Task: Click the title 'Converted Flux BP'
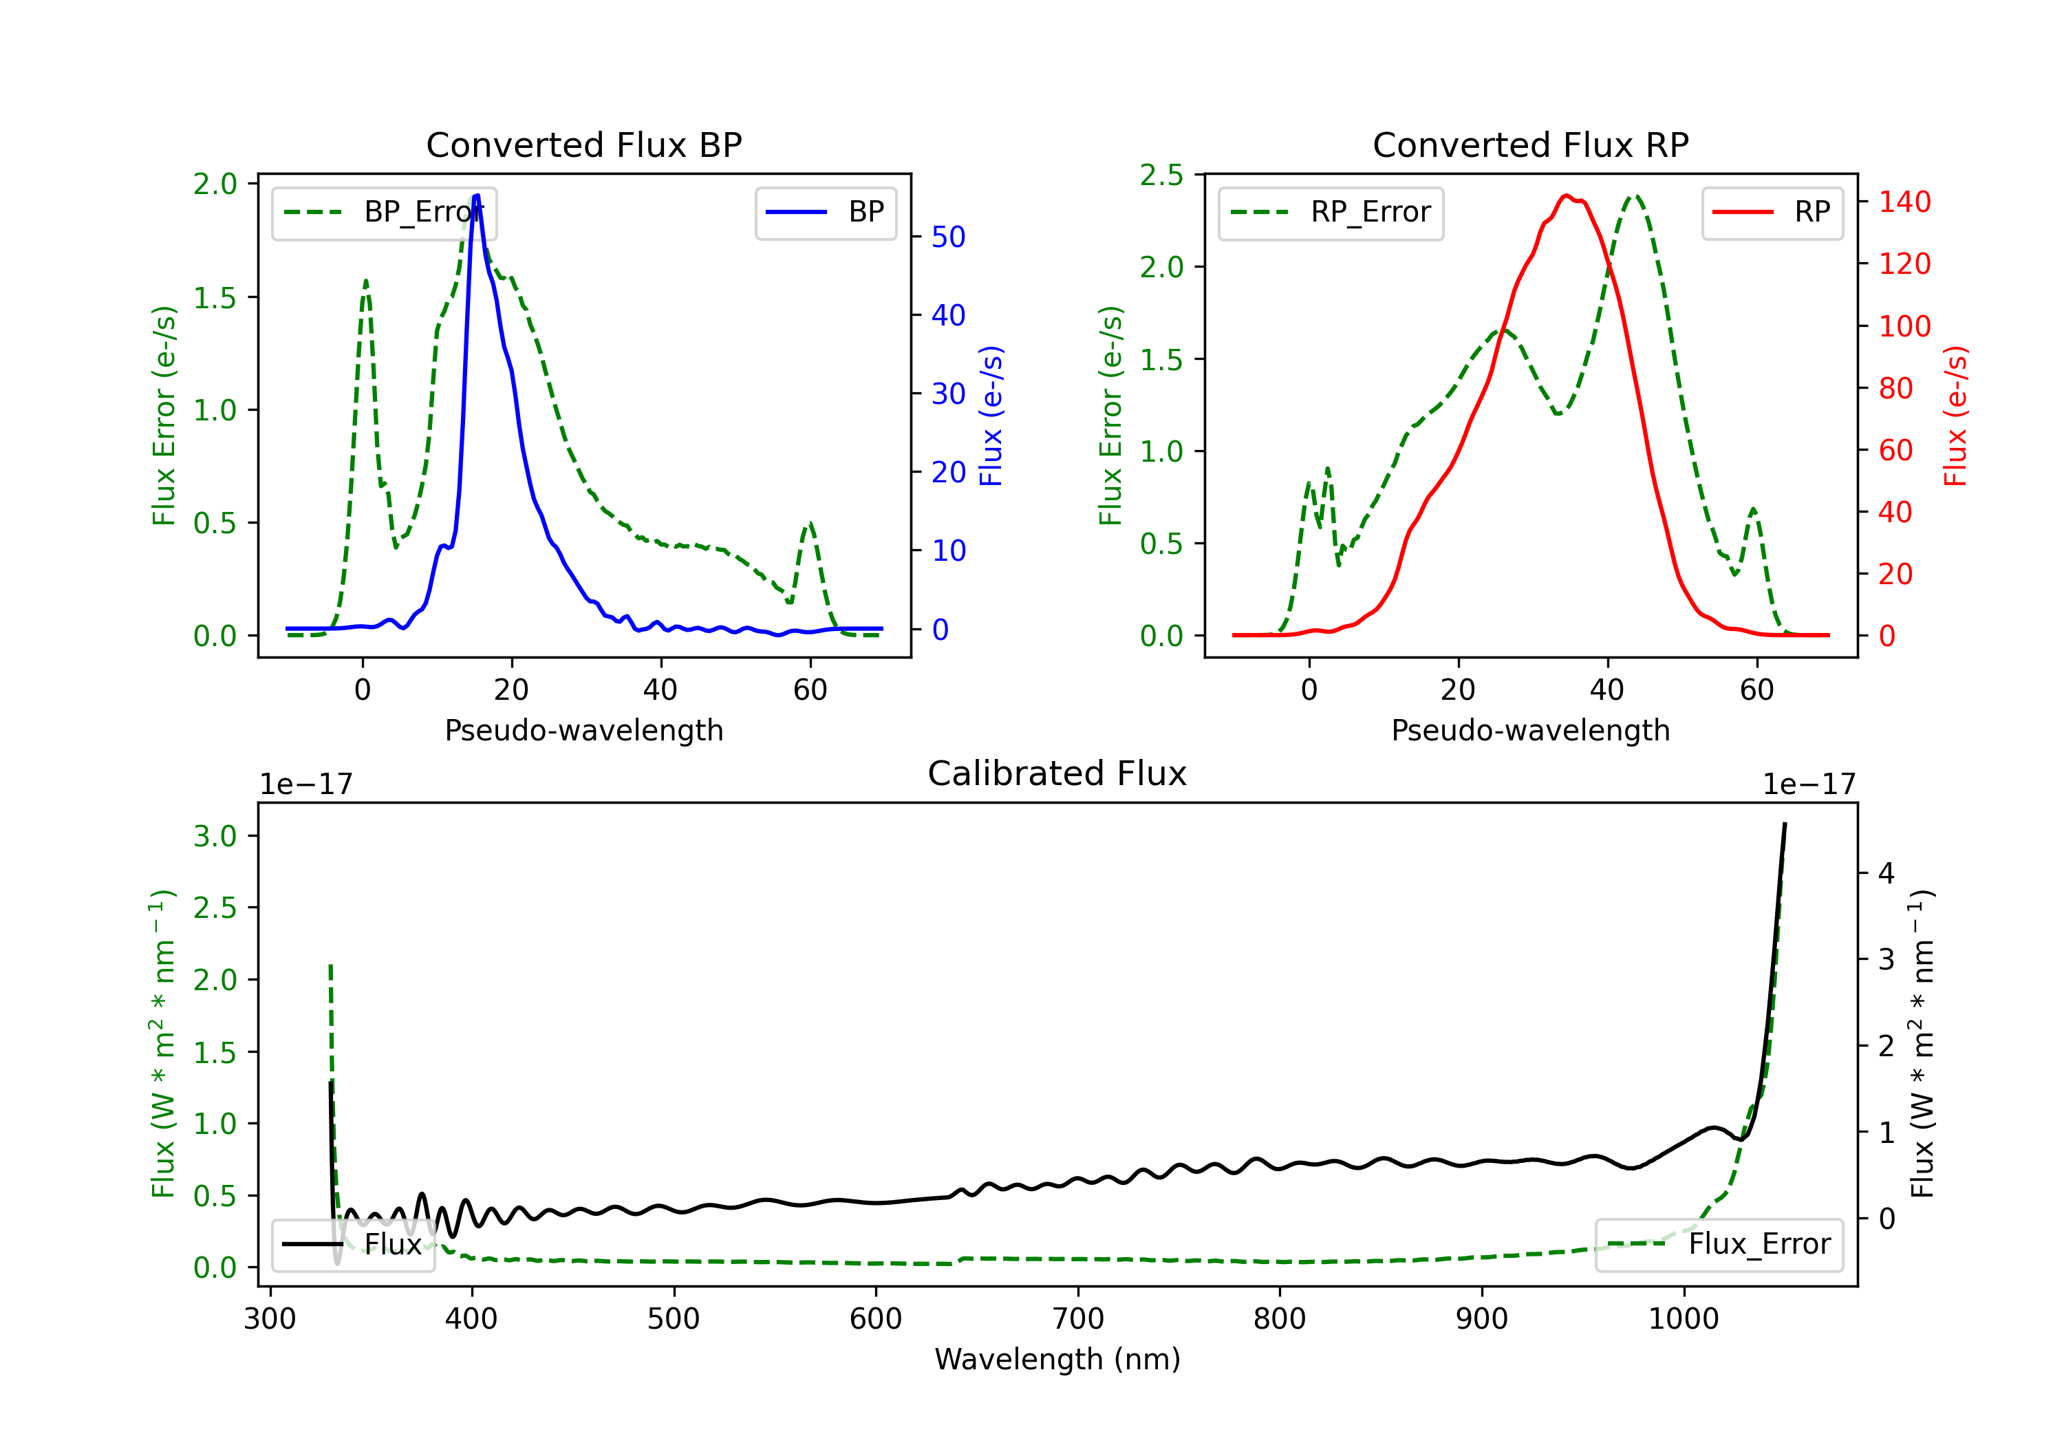click(x=583, y=144)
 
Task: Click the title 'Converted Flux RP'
click(x=1530, y=144)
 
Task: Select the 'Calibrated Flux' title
click(x=1057, y=773)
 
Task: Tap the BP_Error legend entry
click(x=384, y=212)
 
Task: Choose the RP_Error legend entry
click(x=1331, y=212)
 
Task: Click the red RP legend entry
click(x=1771, y=212)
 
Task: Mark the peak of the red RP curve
click(x=1566, y=195)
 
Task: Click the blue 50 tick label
click(x=948, y=237)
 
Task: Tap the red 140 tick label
click(x=1905, y=202)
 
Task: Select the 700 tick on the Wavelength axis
click(x=1078, y=1318)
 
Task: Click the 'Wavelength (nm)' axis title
click(x=1057, y=1359)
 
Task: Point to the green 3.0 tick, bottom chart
click(x=215, y=835)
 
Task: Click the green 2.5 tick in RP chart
click(x=1161, y=175)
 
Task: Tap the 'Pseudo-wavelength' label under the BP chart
click(x=583, y=730)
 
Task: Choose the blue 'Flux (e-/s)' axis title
click(x=991, y=416)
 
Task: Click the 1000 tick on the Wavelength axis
click(x=1684, y=1318)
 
